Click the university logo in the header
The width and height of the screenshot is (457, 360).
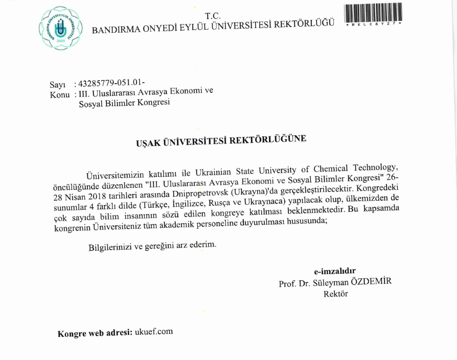pyautogui.click(x=60, y=25)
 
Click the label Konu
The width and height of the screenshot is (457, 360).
pyautogui.click(x=59, y=94)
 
